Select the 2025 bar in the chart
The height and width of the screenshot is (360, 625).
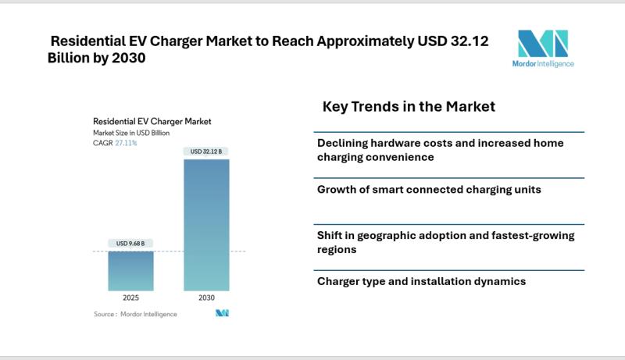(130, 270)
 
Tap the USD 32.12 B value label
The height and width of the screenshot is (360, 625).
(206, 151)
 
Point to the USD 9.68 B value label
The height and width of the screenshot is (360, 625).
(130, 244)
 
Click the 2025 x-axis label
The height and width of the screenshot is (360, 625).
(130, 298)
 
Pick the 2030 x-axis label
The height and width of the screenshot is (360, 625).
(206, 298)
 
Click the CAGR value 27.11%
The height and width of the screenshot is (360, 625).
(127, 144)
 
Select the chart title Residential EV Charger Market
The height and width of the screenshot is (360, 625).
(152, 122)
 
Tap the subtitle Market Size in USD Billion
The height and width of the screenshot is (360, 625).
(132, 134)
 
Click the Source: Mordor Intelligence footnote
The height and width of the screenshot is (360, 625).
(135, 314)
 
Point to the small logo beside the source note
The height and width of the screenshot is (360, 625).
(222, 313)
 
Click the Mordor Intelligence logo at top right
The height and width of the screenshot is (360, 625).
(545, 48)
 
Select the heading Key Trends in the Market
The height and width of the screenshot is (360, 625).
(409, 106)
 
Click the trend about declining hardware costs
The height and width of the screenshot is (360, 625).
(440, 150)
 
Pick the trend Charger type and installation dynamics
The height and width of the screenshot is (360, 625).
(421, 281)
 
